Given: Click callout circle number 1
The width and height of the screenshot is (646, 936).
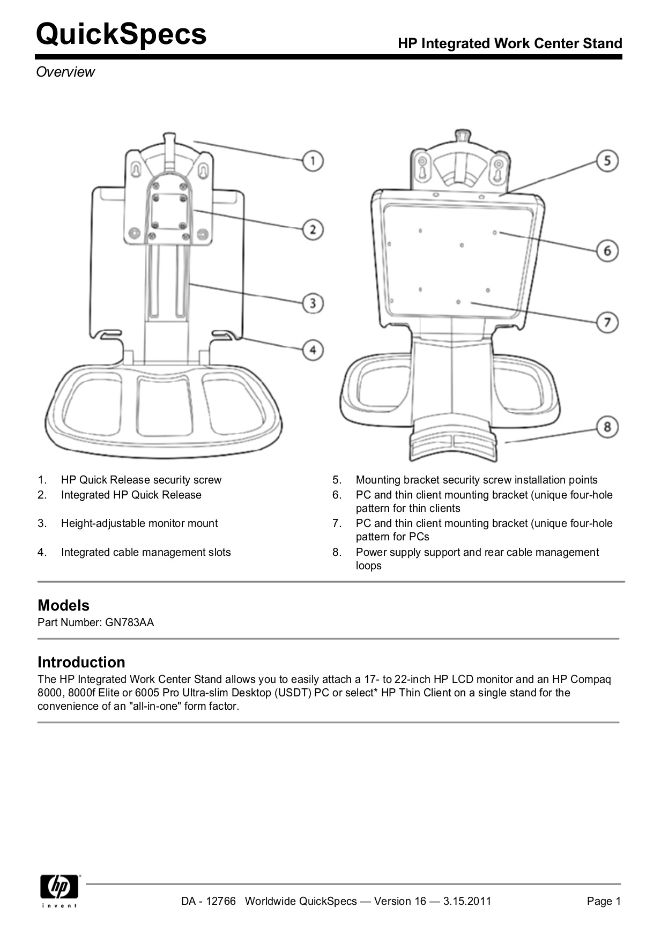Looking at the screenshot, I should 313,160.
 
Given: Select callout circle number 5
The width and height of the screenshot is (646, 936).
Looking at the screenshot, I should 607,160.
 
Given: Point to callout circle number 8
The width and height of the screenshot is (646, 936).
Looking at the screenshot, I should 607,427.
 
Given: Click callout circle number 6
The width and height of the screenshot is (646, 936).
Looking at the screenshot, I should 607,250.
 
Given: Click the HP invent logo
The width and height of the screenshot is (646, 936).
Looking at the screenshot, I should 60,890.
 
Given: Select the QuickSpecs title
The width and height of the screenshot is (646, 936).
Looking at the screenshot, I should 121,34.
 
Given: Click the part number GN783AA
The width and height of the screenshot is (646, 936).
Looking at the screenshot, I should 129,622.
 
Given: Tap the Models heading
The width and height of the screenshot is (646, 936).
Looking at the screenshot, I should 63,605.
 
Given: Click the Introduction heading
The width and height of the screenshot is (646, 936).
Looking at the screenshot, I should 81,662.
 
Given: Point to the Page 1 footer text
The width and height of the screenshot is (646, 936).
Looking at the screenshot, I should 603,901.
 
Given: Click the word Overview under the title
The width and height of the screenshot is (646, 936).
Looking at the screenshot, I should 65,72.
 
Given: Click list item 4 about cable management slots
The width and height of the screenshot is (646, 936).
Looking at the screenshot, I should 145,552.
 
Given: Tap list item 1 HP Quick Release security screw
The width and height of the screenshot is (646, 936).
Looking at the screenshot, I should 140,480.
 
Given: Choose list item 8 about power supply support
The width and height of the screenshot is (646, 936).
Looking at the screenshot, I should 477,558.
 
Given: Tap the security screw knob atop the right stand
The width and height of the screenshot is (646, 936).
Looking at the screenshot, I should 462,135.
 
